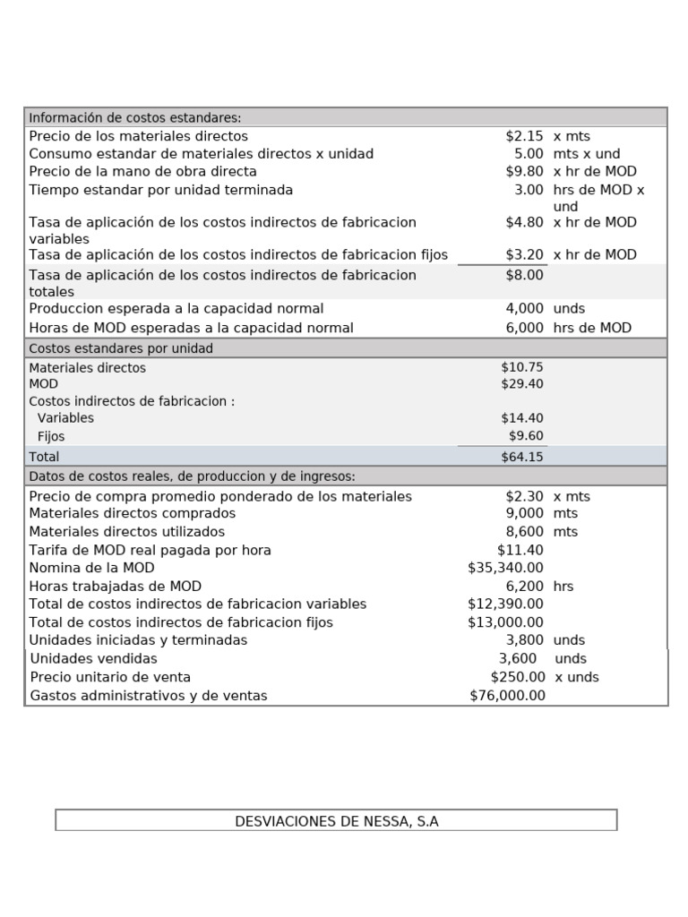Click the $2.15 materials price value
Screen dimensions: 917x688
(524, 136)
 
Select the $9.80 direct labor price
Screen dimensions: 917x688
(524, 171)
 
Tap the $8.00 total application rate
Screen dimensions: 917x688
(524, 275)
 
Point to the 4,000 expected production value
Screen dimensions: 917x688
(524, 309)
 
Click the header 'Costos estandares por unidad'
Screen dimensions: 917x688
(121, 348)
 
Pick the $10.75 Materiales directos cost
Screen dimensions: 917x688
(522, 367)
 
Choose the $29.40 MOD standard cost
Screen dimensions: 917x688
(522, 384)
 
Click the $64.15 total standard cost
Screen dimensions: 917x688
(522, 457)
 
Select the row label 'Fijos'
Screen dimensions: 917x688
(51, 437)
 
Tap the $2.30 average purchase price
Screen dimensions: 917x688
(524, 496)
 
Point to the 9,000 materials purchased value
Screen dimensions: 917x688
(524, 513)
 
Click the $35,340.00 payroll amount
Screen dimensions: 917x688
(505, 568)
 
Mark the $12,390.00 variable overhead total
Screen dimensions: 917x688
(505, 604)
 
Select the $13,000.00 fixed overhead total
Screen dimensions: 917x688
(505, 622)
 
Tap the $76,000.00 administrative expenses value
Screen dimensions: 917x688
(507, 696)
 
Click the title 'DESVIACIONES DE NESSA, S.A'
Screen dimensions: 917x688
(336, 820)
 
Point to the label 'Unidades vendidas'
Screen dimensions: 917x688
(93, 659)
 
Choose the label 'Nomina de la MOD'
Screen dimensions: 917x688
(91, 568)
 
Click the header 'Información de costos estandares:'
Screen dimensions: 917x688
(134, 117)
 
